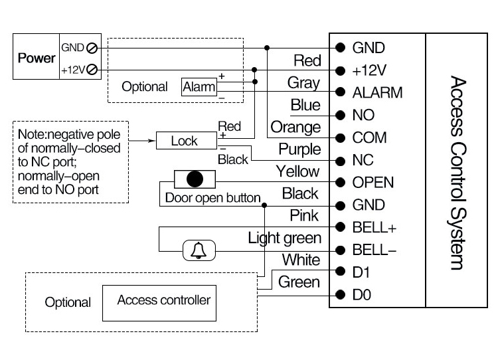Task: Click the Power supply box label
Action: coord(37,58)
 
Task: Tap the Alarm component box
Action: coord(199,87)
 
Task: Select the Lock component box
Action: coord(184,141)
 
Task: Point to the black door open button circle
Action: coord(194,179)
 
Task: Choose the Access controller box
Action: coord(163,300)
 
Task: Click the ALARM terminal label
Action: coord(376,93)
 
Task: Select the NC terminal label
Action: coord(363,161)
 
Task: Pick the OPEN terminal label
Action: coord(373,183)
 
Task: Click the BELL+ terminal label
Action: coord(374,228)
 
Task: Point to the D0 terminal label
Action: coord(361,294)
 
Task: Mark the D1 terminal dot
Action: coord(340,272)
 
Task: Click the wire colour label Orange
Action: coord(295,127)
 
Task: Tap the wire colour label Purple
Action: coord(299,149)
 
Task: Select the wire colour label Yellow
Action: coord(297,171)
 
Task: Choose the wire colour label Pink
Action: coord(304,216)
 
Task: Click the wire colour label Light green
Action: coord(284,238)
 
